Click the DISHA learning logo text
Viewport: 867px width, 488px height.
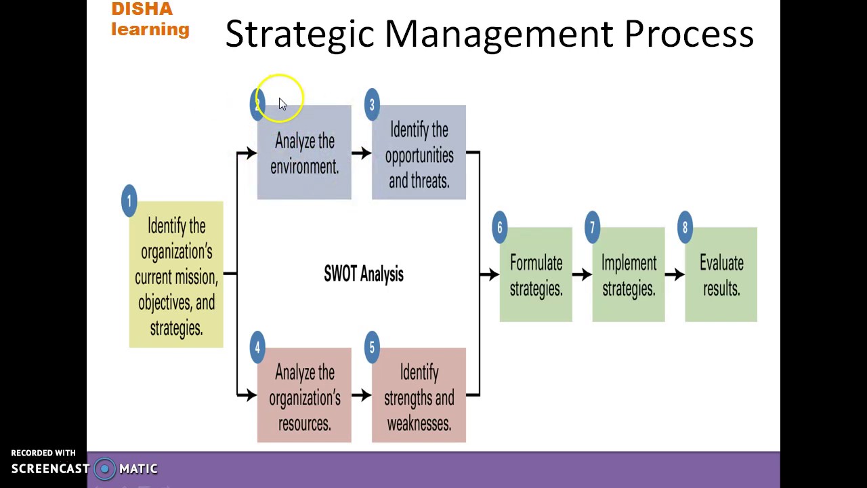point(150,19)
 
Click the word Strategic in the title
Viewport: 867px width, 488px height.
point(299,34)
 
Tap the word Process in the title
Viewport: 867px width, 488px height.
point(688,34)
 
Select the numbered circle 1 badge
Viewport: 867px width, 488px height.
point(129,201)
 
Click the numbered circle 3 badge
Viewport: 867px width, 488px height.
point(371,105)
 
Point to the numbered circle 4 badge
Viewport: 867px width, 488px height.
point(257,348)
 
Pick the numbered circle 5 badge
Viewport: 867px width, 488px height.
point(371,348)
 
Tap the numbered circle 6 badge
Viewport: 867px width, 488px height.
point(499,228)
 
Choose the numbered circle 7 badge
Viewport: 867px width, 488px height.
point(592,228)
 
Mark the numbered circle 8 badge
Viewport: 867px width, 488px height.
point(685,228)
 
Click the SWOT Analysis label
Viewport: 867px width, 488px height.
point(364,274)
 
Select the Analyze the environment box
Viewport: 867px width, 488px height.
point(304,154)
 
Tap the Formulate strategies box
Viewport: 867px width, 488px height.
point(536,275)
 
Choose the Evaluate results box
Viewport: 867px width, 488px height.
point(721,275)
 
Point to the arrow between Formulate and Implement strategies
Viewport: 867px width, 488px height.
point(582,274)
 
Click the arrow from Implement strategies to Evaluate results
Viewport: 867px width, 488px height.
point(675,274)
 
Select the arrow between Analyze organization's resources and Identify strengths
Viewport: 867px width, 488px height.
point(362,395)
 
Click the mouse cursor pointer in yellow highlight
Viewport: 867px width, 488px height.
point(282,103)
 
